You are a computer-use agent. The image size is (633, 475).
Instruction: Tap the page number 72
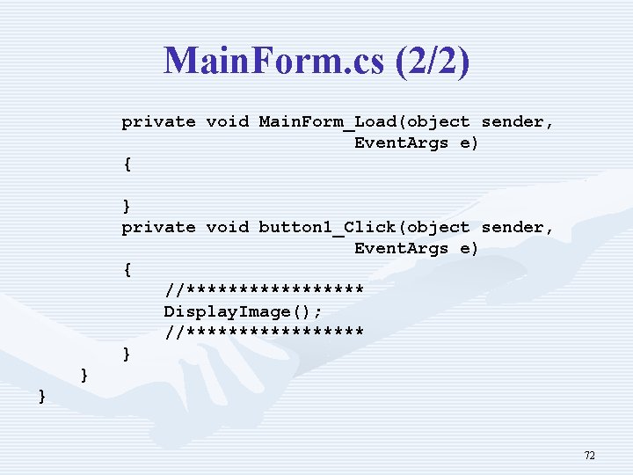pos(589,455)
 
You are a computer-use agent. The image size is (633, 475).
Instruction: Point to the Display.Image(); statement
pos(243,312)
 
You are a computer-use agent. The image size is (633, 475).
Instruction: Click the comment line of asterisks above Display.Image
pos(264,290)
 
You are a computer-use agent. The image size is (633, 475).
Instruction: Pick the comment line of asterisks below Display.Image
pos(264,332)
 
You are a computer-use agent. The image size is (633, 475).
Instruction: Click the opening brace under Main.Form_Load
pos(127,164)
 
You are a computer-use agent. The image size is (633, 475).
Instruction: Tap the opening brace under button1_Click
pos(127,269)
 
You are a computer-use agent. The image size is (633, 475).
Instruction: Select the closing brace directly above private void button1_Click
pos(127,206)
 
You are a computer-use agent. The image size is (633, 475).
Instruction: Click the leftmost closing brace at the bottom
pos(42,397)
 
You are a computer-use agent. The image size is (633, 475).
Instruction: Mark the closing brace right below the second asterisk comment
pos(127,354)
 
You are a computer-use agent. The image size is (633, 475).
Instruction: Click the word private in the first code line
pos(158,122)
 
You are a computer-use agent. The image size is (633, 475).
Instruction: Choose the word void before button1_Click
pos(227,228)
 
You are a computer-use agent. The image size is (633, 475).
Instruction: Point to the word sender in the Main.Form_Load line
pos(518,122)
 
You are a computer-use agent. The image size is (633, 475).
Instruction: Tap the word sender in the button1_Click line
pos(518,228)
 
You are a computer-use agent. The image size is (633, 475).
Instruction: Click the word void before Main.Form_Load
pos(227,122)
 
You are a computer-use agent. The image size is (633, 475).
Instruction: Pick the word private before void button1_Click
pos(158,228)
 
